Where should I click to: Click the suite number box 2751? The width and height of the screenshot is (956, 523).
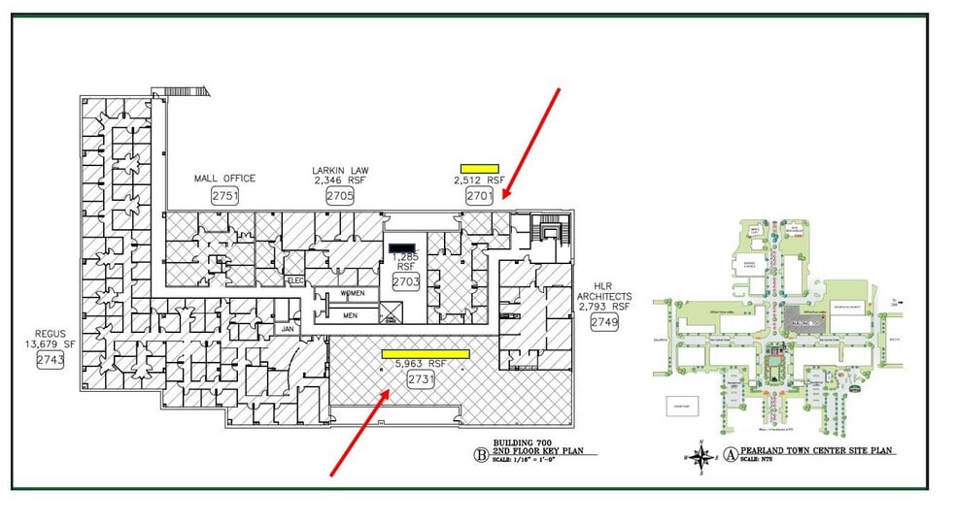click(x=224, y=195)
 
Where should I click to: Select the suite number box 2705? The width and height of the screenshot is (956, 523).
click(x=340, y=195)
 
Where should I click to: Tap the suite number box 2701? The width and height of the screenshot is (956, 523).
click(x=480, y=195)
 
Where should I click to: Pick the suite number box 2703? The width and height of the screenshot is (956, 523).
click(x=405, y=281)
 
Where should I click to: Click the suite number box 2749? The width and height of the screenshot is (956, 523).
click(x=602, y=324)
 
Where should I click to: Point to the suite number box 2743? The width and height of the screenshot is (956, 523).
click(x=49, y=361)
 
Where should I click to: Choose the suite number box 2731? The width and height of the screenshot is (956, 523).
click(x=421, y=379)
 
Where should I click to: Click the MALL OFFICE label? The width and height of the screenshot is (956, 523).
click(x=224, y=179)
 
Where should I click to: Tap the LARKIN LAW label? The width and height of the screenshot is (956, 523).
click(x=340, y=171)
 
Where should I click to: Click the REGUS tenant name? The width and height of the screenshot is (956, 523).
click(x=50, y=333)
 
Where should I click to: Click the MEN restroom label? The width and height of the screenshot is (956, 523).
click(x=351, y=314)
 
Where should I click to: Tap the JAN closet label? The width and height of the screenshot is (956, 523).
click(x=288, y=329)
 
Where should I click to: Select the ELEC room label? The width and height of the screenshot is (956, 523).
click(x=296, y=280)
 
